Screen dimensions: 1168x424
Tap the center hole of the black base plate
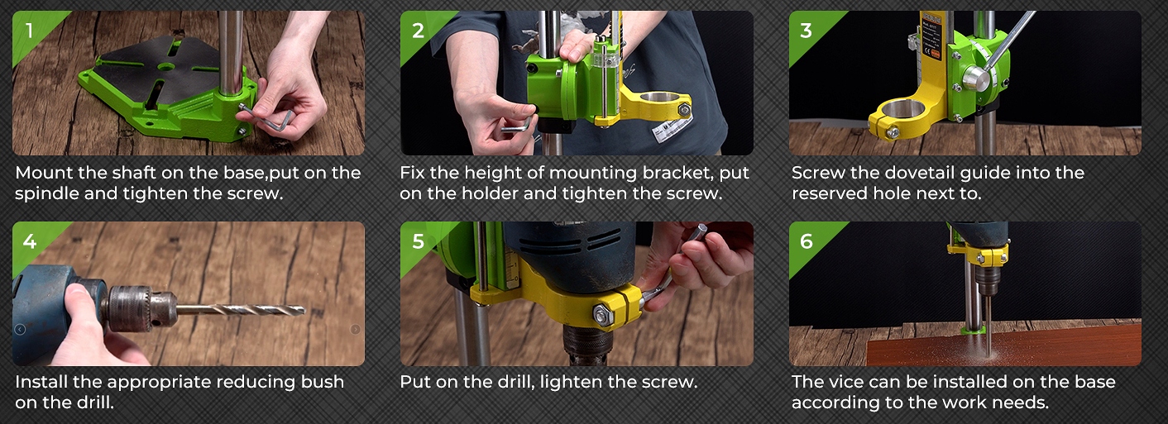click(165, 67)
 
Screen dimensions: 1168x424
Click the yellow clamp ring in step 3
click(896, 117)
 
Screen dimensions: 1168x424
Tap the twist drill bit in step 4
click(241, 310)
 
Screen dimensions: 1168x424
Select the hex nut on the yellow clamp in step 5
click(603, 314)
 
